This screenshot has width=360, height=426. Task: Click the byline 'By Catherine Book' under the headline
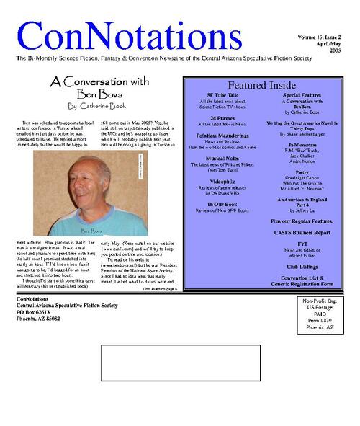[91, 105]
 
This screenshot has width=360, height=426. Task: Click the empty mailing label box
[180, 363]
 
